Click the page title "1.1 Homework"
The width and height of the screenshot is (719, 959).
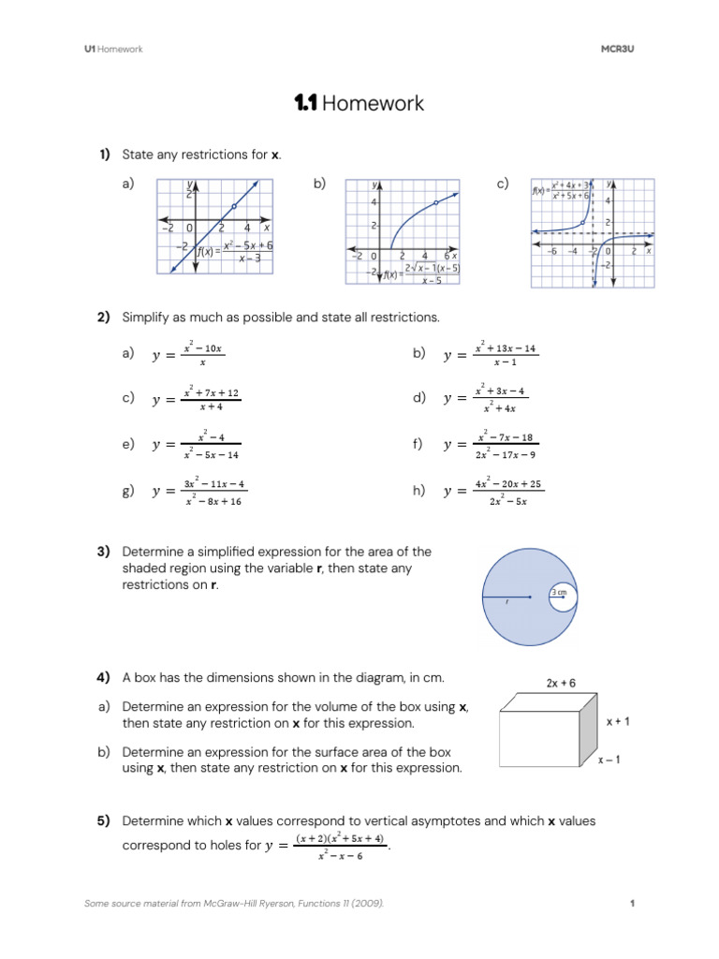point(359,104)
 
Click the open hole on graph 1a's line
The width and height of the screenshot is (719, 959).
point(233,205)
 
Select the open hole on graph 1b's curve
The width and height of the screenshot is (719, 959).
point(436,202)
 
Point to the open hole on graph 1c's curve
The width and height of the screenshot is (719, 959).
point(584,223)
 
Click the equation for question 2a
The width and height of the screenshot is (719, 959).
point(188,355)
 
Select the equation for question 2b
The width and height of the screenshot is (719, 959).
point(492,355)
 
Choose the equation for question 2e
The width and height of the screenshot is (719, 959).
point(196,445)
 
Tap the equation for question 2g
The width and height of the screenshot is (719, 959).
point(199,492)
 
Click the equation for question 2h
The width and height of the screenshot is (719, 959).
point(493,492)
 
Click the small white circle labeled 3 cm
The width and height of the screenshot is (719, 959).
point(559,597)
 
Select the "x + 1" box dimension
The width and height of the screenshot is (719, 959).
point(618,722)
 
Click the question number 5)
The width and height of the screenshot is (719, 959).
point(104,820)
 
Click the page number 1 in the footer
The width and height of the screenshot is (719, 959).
point(634,903)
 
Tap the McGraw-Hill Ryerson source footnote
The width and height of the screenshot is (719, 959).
point(234,903)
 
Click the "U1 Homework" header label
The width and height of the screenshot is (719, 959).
point(113,49)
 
